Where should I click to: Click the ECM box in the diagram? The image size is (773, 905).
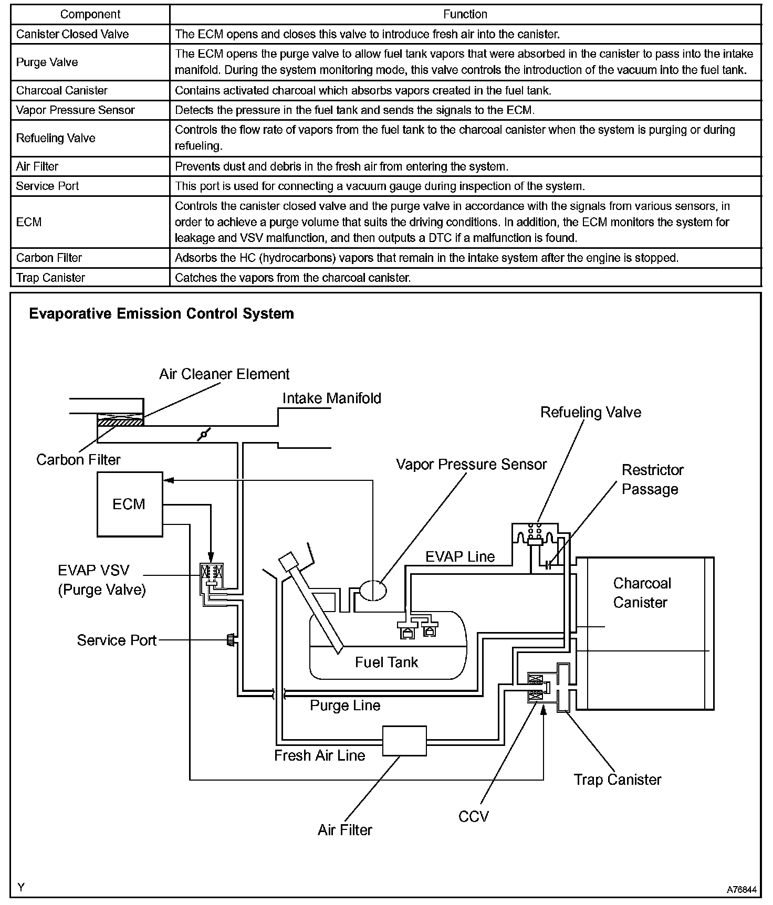coord(129,504)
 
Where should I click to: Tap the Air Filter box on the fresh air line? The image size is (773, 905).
coord(404,741)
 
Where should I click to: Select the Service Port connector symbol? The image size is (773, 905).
coord(231,640)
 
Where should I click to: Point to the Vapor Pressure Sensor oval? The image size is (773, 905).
coord(372,590)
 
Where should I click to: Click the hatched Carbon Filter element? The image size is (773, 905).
coord(120,421)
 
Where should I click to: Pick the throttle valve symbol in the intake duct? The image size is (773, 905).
coord(204,434)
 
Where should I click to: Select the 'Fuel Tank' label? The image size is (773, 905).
coord(386,662)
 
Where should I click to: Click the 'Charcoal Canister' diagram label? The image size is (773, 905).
coord(641,593)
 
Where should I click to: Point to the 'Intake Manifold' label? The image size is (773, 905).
coord(331,398)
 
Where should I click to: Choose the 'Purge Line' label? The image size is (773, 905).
coord(345,705)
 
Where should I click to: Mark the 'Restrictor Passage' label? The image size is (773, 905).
coord(652,479)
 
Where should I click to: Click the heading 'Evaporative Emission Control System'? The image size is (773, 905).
coord(161,314)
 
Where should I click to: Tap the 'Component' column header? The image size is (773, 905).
coord(90,14)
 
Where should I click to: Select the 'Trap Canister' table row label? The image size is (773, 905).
coord(50,278)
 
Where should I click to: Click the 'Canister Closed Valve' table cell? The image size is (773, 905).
coord(72,34)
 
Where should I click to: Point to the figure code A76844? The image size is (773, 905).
coord(741,890)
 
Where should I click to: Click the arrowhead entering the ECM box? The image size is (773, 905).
coord(167,479)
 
